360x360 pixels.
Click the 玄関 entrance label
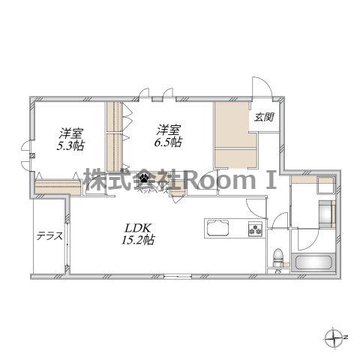[264, 117]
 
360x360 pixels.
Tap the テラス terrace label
[49, 235]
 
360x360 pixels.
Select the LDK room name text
[138, 228]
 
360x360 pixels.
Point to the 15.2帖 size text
[138, 240]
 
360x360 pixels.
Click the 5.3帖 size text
[70, 145]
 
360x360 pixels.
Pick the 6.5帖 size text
[168, 142]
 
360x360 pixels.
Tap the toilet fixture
[278, 258]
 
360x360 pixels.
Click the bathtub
[313, 262]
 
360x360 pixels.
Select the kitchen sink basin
[217, 227]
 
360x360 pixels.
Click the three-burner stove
[256, 229]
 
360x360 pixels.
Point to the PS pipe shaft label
[277, 271]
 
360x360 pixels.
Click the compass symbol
[334, 337]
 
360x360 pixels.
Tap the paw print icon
[145, 178]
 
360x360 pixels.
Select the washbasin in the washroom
[326, 214]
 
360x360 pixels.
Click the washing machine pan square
[325, 185]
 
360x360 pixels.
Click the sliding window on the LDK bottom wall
[178, 276]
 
